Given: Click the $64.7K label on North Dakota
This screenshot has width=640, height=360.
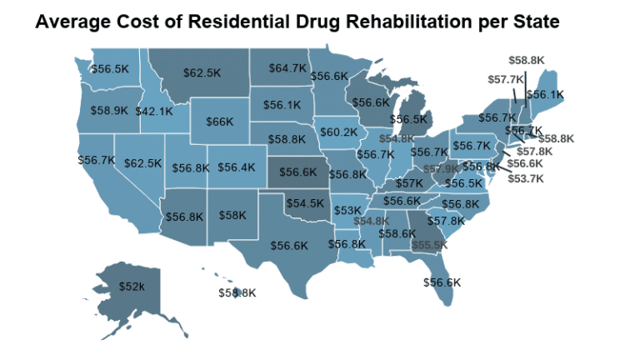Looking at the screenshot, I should coord(289,68).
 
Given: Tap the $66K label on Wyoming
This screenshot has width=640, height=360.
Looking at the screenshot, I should coord(219,122).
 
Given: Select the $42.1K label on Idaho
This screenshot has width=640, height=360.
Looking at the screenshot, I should coord(155,110).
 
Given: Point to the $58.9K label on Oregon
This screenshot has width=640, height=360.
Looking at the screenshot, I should coord(109,110).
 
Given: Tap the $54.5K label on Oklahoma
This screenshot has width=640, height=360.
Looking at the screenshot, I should coord(306,203).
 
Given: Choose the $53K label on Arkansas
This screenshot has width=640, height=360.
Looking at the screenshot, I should coord(347,210).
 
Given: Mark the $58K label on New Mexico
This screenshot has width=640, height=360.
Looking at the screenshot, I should coord(232,215).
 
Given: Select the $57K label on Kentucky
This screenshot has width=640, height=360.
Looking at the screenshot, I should coord(409,183).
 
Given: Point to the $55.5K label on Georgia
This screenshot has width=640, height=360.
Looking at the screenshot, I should coord(428,246).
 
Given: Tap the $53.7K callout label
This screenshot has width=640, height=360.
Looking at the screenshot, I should coord(525,178).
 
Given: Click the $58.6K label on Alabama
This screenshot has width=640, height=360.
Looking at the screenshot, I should coord(397,234).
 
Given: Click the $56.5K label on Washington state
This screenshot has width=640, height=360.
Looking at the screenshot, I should coord(109,68).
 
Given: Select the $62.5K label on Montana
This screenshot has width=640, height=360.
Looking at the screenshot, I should coord(202,73).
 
